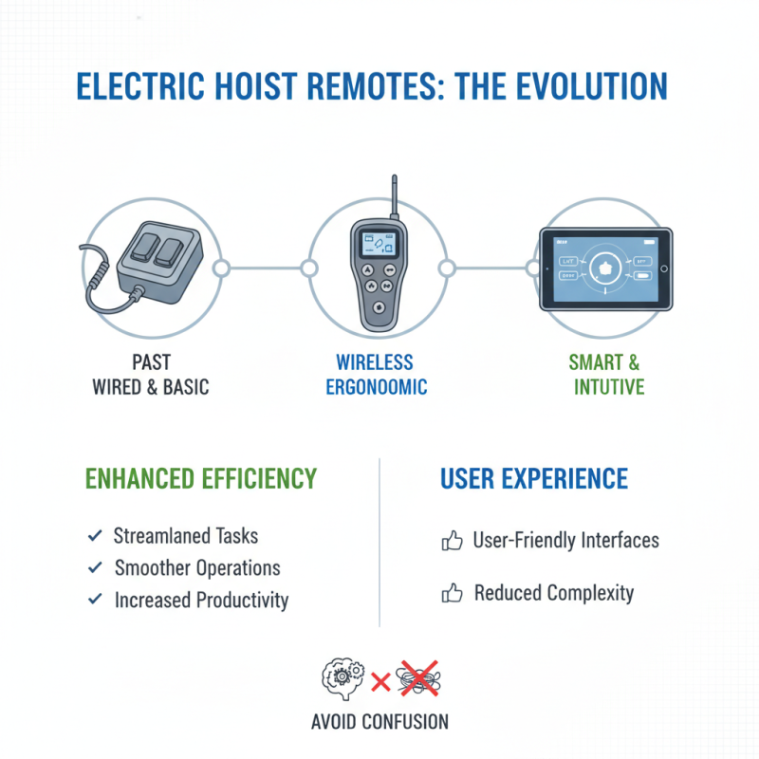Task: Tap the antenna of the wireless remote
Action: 391,199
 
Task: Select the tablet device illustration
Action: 605,268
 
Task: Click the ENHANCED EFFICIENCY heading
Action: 201,478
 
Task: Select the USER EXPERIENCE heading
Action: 534,478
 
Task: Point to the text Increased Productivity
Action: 201,600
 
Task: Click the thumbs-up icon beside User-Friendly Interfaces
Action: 452,542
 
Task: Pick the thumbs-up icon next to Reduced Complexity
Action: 452,595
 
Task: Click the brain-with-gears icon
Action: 342,677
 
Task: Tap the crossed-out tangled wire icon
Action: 417,677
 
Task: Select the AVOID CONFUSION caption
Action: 379,722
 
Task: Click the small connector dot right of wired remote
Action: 221,268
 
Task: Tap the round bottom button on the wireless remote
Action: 379,307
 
